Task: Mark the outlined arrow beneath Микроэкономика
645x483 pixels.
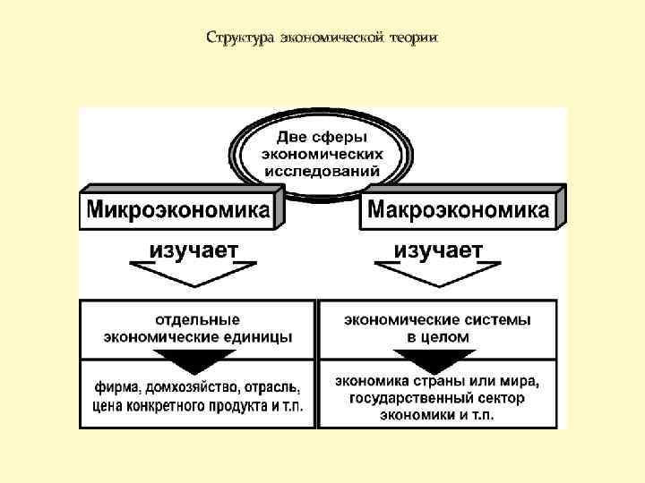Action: point(193,273)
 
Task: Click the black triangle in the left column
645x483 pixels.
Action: point(198,361)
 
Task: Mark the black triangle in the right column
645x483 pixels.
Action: point(438,360)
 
